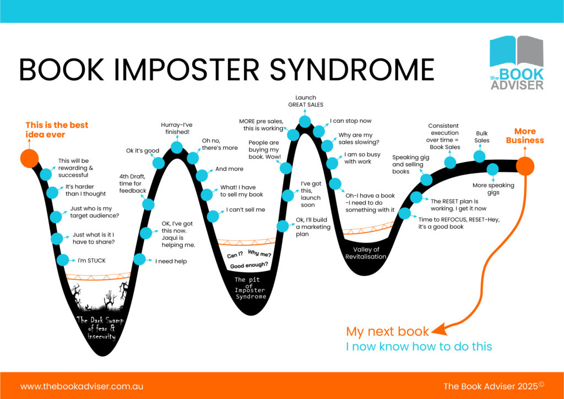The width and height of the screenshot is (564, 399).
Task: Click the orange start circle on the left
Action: click(x=29, y=158)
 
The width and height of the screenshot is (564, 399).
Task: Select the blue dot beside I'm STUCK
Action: click(x=63, y=260)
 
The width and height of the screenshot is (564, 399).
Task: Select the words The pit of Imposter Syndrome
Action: click(x=250, y=289)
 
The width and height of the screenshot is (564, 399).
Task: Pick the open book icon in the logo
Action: click(x=516, y=52)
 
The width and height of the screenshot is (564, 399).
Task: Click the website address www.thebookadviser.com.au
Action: click(x=82, y=386)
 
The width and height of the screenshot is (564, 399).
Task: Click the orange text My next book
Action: click(x=387, y=331)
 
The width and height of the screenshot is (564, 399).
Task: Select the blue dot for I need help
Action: click(x=140, y=259)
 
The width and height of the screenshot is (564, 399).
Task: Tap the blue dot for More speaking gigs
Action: click(x=492, y=169)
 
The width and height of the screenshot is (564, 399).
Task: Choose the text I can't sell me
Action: click(x=246, y=210)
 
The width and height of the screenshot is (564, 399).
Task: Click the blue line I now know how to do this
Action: click(x=419, y=347)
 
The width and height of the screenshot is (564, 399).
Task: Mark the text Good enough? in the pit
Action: click(x=250, y=265)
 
